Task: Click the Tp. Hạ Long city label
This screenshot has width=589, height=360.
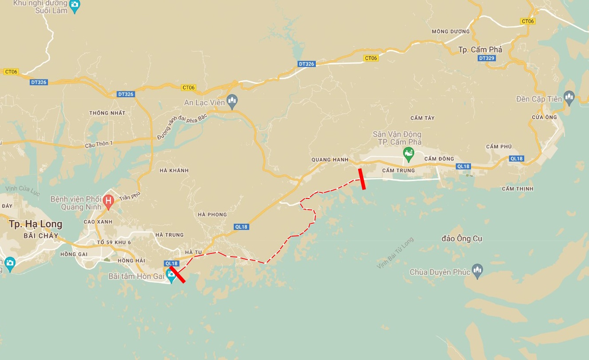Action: click(x=35, y=224)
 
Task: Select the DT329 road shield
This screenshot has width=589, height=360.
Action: click(x=487, y=58)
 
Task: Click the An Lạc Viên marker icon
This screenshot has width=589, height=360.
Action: click(x=232, y=102)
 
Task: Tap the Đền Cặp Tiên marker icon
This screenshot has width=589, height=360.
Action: click(x=569, y=97)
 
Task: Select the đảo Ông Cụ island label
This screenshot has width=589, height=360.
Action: click(x=462, y=239)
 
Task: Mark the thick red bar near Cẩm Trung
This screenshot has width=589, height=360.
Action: click(x=362, y=179)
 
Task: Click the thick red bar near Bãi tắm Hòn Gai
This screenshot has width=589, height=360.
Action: click(x=177, y=274)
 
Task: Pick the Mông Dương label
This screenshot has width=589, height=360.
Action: click(x=450, y=32)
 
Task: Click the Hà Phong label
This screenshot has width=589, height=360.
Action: click(x=212, y=215)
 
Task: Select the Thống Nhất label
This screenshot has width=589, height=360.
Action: click(x=107, y=113)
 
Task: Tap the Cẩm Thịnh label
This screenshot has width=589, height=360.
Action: click(x=518, y=189)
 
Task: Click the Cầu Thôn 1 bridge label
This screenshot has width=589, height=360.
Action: click(x=99, y=144)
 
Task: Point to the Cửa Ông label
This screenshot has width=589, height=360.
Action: click(x=544, y=117)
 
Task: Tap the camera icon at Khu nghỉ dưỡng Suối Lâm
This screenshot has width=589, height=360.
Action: click(x=75, y=5)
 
